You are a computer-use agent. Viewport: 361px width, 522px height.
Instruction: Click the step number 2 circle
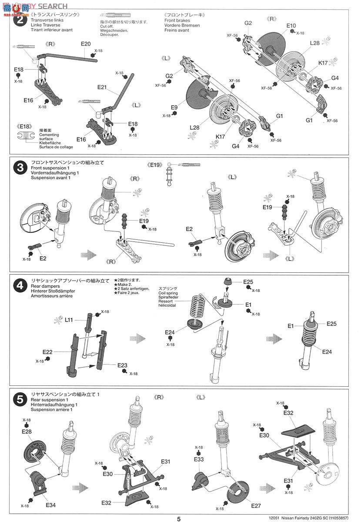coord(19,20)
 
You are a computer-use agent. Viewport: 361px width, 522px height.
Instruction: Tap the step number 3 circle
coord(19,168)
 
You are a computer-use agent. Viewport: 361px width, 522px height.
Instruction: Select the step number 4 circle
coord(19,286)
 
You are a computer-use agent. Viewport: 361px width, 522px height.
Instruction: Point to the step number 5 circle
coord(19,399)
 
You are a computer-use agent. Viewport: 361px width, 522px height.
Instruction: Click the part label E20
coord(85,43)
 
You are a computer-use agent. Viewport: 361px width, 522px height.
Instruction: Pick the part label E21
coord(102,87)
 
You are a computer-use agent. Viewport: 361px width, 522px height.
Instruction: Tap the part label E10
coord(291,26)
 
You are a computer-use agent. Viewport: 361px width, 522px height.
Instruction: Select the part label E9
coord(174,107)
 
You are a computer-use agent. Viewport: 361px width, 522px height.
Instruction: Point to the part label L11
coord(69,320)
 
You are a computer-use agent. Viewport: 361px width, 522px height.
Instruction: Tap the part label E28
coord(27,432)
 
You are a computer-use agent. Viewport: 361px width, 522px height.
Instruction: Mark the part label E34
coord(50,505)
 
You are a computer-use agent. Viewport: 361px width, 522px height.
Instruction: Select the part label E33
coord(199,459)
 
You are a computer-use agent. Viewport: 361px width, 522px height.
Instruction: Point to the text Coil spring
coord(168,293)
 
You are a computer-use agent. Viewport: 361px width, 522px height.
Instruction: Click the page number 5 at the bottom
coord(179,518)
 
